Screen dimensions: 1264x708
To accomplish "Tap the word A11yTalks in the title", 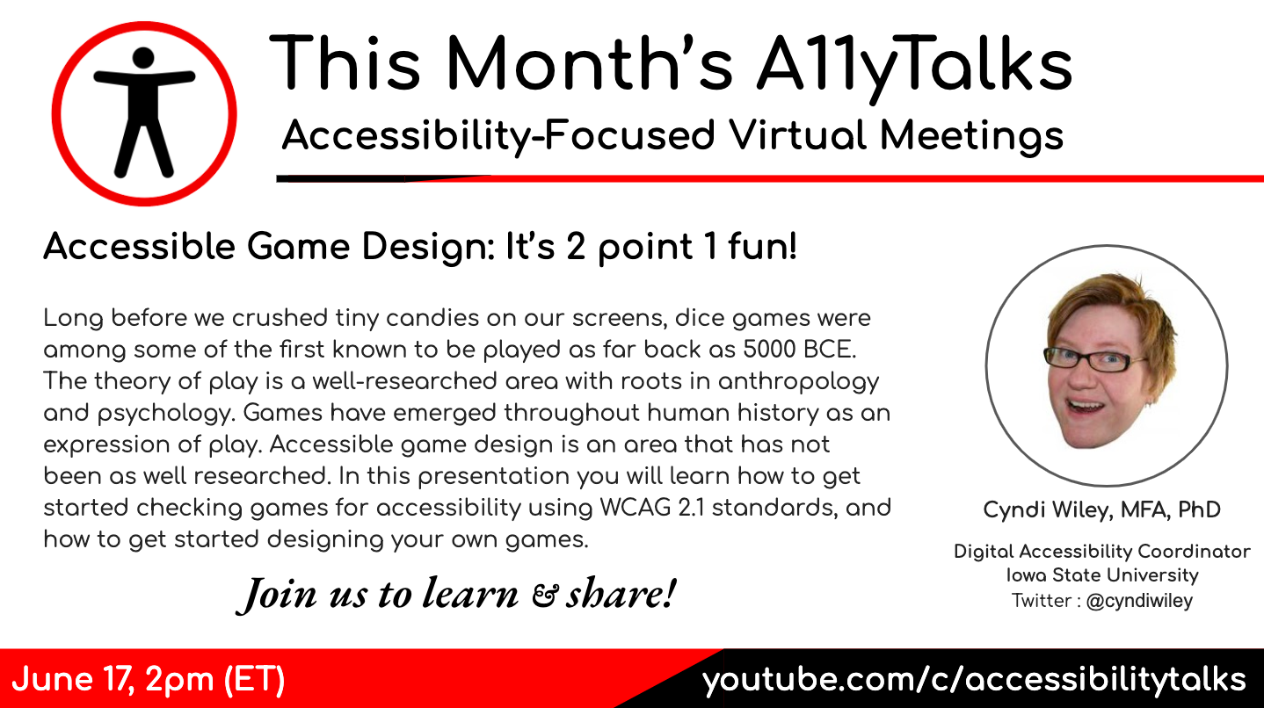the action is [914, 64].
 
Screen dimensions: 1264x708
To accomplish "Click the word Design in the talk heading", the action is [428, 247].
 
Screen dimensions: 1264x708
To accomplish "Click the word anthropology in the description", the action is [798, 382].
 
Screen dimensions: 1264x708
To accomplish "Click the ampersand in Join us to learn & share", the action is [546, 596].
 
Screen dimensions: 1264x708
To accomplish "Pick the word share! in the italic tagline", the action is [621, 594].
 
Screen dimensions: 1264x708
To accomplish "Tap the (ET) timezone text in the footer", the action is [254, 679].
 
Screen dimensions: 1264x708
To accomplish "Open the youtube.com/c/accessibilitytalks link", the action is [974, 680].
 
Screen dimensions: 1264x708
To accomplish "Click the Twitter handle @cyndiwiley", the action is [1139, 601].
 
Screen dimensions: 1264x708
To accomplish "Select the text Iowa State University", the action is [1102, 575].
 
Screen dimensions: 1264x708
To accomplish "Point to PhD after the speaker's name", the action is [1199, 509].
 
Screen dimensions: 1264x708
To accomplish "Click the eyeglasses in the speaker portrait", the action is [1094, 359].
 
